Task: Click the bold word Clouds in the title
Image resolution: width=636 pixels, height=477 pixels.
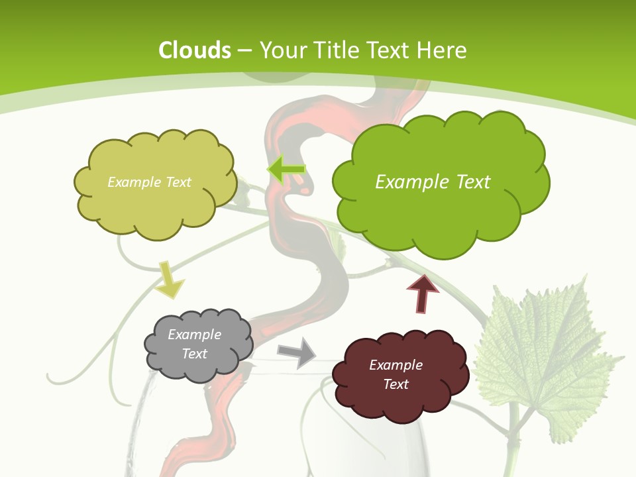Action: tap(195, 50)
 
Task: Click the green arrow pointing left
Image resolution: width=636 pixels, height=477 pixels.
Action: tap(286, 170)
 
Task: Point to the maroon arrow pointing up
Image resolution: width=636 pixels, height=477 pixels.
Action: tap(423, 293)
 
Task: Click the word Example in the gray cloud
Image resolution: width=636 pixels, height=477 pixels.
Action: tap(195, 335)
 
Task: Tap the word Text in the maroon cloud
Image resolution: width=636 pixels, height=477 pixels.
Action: tap(396, 384)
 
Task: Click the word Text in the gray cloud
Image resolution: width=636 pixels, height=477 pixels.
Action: tap(195, 354)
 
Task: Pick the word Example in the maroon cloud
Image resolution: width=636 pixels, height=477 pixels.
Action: tap(396, 365)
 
